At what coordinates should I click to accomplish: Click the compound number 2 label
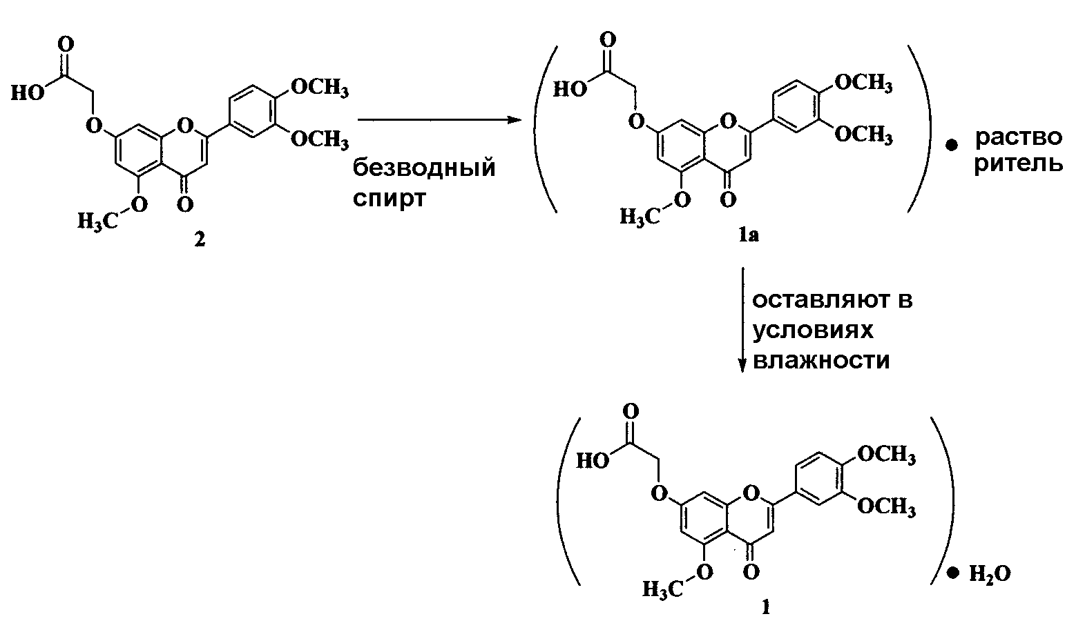click(200, 239)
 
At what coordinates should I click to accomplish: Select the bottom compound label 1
click(766, 608)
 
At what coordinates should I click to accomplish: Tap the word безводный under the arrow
click(424, 168)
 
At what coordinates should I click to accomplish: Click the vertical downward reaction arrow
click(742, 320)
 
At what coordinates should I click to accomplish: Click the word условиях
click(813, 331)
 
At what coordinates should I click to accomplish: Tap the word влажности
click(821, 361)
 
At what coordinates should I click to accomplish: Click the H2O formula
click(990, 575)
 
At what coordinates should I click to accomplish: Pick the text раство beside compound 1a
click(1019, 138)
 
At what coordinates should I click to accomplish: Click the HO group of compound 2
click(28, 93)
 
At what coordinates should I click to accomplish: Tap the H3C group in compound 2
click(97, 222)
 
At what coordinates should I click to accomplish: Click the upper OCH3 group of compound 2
click(320, 88)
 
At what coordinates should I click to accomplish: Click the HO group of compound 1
click(593, 461)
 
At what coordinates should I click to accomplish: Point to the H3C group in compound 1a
click(640, 217)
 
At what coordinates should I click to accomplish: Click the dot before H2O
click(953, 574)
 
